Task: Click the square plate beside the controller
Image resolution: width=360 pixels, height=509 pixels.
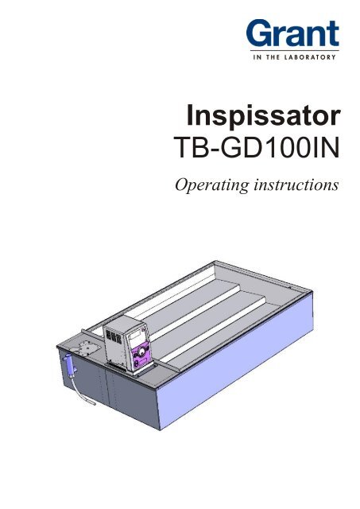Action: pos(81,347)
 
